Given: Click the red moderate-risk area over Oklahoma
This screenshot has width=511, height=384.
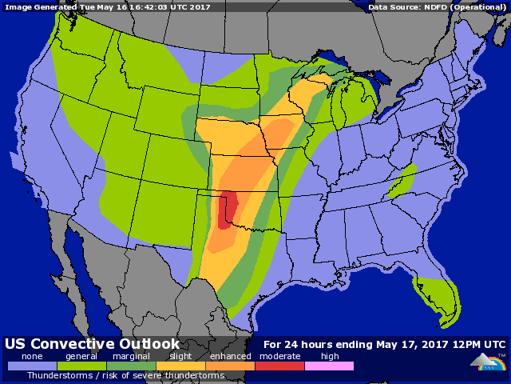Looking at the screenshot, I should coord(226,210).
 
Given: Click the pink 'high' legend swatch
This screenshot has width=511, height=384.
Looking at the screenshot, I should coord(329,366).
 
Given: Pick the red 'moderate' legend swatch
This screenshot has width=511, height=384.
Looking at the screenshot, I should coord(279,366).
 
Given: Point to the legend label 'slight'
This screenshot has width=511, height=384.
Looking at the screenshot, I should coord(180,356).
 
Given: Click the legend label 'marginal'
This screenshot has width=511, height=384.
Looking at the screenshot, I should coord(131,356).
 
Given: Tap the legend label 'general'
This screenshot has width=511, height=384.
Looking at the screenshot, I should coord(81,356).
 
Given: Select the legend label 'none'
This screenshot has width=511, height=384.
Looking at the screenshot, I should coord(32,356).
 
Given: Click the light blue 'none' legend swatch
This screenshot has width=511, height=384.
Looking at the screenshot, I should coord(32,366).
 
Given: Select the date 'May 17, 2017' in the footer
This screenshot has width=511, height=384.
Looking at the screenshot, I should coord(418,344).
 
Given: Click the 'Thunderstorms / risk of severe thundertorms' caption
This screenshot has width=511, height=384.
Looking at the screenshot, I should coord(125,375).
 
